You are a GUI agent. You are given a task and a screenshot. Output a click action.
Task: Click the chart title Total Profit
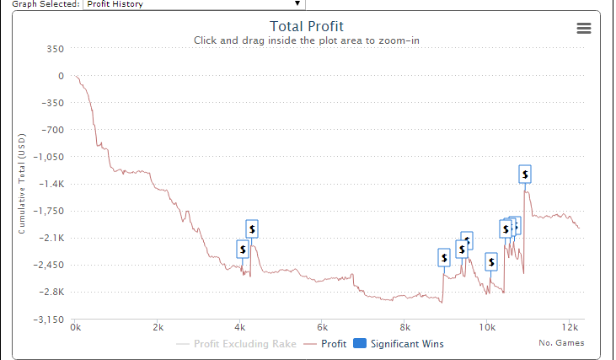pyautogui.click(x=306, y=26)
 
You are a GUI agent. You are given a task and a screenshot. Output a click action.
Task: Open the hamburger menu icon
pyautogui.click(x=583, y=28)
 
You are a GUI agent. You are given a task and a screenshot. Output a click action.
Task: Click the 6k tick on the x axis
pyautogui.click(x=322, y=327)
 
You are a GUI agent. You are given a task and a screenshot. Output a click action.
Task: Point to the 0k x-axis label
pyautogui.click(x=76, y=327)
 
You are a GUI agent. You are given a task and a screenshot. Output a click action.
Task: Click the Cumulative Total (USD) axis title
pyautogui.click(x=23, y=183)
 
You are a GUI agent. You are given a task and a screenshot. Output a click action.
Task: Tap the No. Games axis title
pyautogui.click(x=561, y=343)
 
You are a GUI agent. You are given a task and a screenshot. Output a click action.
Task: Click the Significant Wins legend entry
pyautogui.click(x=398, y=344)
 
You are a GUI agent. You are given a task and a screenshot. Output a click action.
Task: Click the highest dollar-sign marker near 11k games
pyautogui.click(x=525, y=175)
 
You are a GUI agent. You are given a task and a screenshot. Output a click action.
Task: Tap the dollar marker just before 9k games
pyautogui.click(x=444, y=258)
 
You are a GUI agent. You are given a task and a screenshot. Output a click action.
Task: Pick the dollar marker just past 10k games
pyautogui.click(x=491, y=261)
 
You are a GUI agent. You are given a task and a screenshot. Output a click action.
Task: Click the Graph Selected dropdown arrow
pyautogui.click(x=297, y=4)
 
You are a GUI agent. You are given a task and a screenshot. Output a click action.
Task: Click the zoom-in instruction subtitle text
pyautogui.click(x=306, y=40)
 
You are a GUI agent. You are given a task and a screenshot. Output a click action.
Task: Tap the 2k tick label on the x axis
pyautogui.click(x=158, y=327)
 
